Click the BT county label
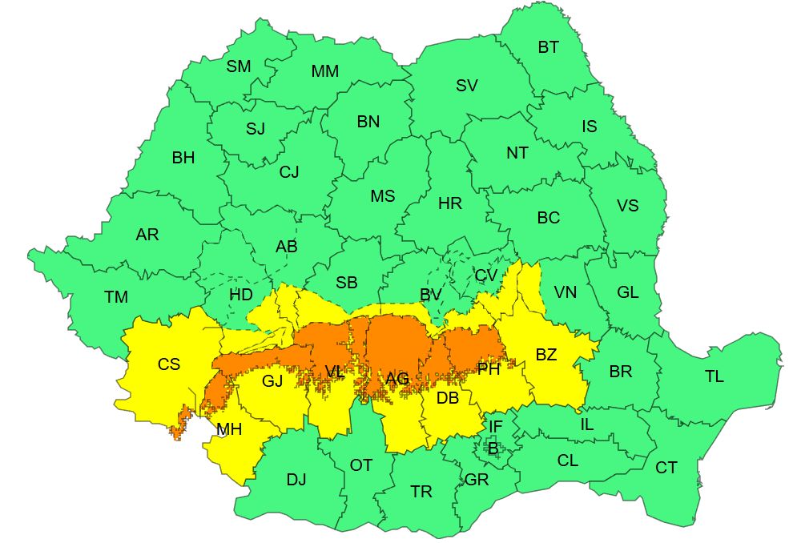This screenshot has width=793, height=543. (548, 47)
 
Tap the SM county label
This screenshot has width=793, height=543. (238, 66)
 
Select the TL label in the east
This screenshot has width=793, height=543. (714, 376)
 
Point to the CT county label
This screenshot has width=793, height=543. (666, 468)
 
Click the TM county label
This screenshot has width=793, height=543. (116, 297)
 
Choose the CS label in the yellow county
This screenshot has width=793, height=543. (168, 364)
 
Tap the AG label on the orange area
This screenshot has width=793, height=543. (397, 379)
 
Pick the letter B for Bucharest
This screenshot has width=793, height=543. (493, 449)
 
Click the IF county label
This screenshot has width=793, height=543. (496, 426)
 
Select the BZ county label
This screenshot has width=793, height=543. (545, 355)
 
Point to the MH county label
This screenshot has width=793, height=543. (229, 430)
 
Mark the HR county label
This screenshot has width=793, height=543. (450, 203)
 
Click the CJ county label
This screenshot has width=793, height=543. (288, 171)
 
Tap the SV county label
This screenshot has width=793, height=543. (467, 86)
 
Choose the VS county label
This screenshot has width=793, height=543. (627, 206)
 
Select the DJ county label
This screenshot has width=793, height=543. (296, 480)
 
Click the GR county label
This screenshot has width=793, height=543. (477, 480)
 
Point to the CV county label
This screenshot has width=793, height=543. (485, 276)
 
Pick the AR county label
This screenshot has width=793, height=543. (147, 235)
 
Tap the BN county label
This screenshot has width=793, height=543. (368, 122)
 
